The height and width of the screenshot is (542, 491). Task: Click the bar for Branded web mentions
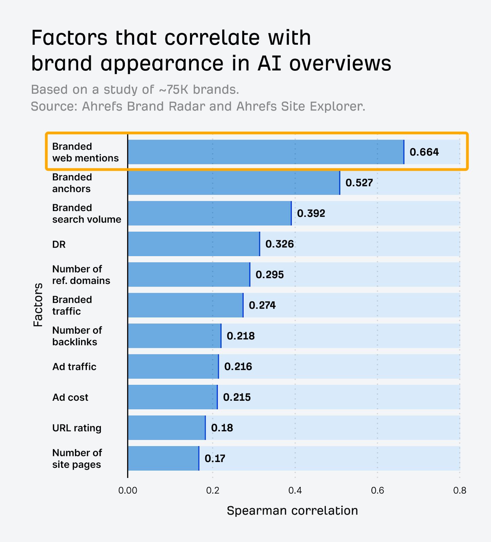coord(266,152)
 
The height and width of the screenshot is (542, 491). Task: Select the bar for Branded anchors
coord(234,183)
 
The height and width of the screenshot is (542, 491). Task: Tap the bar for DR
coord(194,244)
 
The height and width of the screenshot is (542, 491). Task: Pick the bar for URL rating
coord(167,428)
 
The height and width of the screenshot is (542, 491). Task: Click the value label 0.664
coord(424,152)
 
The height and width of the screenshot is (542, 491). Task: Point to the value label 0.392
coord(311,213)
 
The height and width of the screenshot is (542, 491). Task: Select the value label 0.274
coord(262,305)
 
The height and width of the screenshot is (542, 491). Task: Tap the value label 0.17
coord(215,458)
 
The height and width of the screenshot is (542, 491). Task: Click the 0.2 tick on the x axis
coord(213,490)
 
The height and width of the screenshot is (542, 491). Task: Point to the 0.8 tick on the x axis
coord(459,490)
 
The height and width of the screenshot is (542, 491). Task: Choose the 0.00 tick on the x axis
coord(128,490)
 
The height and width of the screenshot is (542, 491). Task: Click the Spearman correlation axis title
coord(292,510)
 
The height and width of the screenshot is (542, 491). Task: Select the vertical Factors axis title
coord(38,305)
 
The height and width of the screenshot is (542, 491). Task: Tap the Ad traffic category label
coord(74,367)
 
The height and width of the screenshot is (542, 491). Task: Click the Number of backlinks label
coord(77,336)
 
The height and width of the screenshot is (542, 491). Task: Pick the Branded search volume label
coord(87,213)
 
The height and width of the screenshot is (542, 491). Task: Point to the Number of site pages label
coord(77,458)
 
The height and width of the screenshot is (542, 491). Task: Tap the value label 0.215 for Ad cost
coord(237,397)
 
